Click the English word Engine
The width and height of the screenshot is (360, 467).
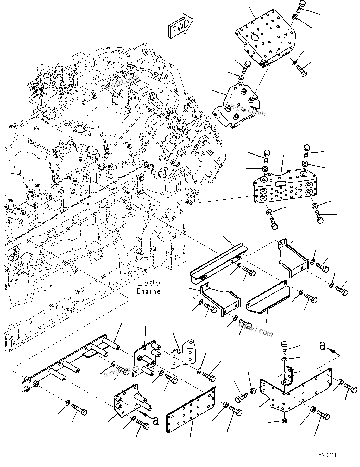click(148, 291)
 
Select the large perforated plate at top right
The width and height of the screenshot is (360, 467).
click(266, 41)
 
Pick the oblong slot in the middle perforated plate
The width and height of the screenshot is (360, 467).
click(281, 184)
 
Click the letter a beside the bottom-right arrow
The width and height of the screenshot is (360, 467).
click(322, 347)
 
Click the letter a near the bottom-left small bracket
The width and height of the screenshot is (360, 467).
click(155, 420)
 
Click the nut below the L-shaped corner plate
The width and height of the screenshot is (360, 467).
click(284, 421)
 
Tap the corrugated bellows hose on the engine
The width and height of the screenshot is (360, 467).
click(174, 184)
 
